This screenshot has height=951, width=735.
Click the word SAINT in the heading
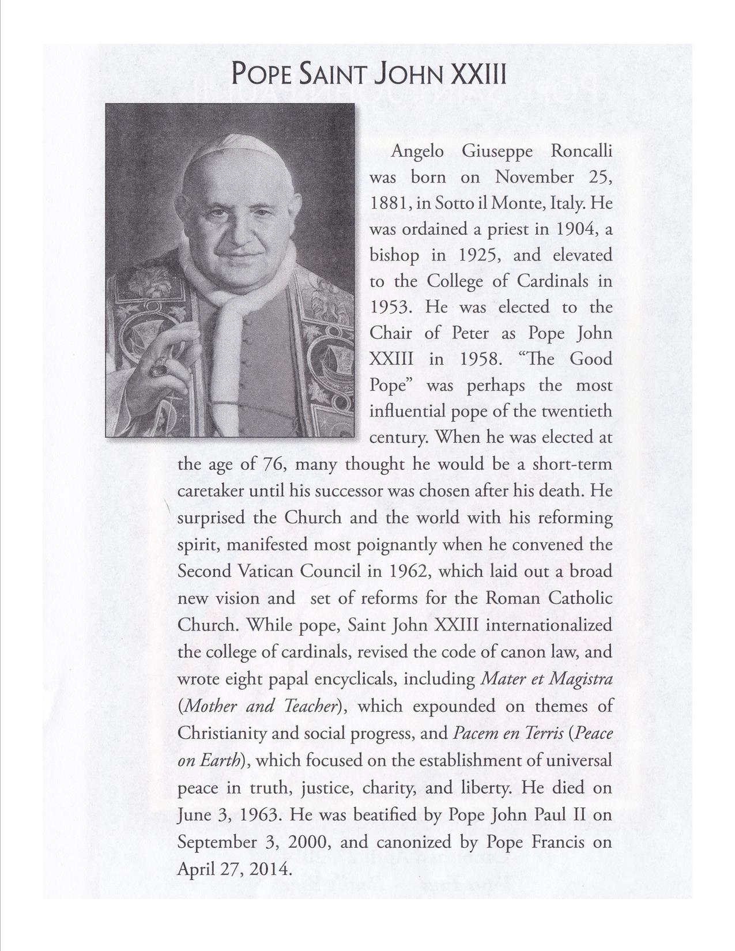point(336,75)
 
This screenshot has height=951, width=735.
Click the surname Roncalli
point(582,152)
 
